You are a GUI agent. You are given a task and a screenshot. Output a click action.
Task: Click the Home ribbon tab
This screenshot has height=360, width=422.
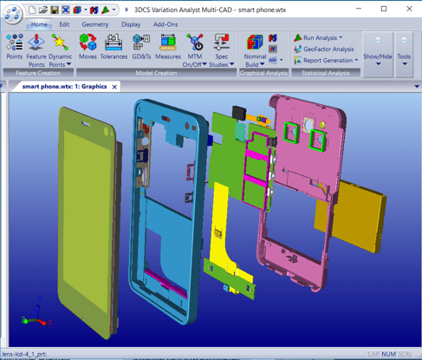pyautogui.click(x=39, y=24)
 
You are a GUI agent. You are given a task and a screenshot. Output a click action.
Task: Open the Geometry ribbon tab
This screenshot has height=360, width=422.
pyautogui.click(x=95, y=24)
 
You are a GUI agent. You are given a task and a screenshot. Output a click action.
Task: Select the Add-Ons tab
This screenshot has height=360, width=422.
pyautogui.click(x=166, y=24)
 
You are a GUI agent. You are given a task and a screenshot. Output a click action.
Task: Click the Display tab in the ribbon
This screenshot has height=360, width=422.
pyautogui.click(x=131, y=24)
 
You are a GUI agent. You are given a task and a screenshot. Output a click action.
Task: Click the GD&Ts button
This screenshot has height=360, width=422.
pyautogui.click(x=141, y=47)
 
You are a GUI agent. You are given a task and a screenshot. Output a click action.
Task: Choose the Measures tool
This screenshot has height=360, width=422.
pyautogui.click(x=168, y=47)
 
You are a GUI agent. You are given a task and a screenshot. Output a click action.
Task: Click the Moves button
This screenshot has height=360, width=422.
pyautogui.click(x=88, y=47)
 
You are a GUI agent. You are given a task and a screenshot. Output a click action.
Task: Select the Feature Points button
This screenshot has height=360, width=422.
pyautogui.click(x=37, y=47)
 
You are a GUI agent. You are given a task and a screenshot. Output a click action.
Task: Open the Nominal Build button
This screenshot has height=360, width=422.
pyautogui.click(x=256, y=49)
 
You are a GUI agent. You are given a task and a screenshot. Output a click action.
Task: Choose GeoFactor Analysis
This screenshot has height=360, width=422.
pyautogui.click(x=322, y=49)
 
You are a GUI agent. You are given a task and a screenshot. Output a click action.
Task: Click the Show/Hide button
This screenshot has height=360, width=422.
pyautogui.click(x=378, y=49)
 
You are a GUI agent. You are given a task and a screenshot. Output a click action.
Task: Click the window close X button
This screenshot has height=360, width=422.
pyautogui.click(x=408, y=9)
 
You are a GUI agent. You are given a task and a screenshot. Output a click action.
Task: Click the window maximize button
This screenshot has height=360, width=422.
pyautogui.click(x=384, y=9)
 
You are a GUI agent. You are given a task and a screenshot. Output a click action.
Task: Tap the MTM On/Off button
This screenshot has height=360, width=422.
pyautogui.click(x=195, y=47)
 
